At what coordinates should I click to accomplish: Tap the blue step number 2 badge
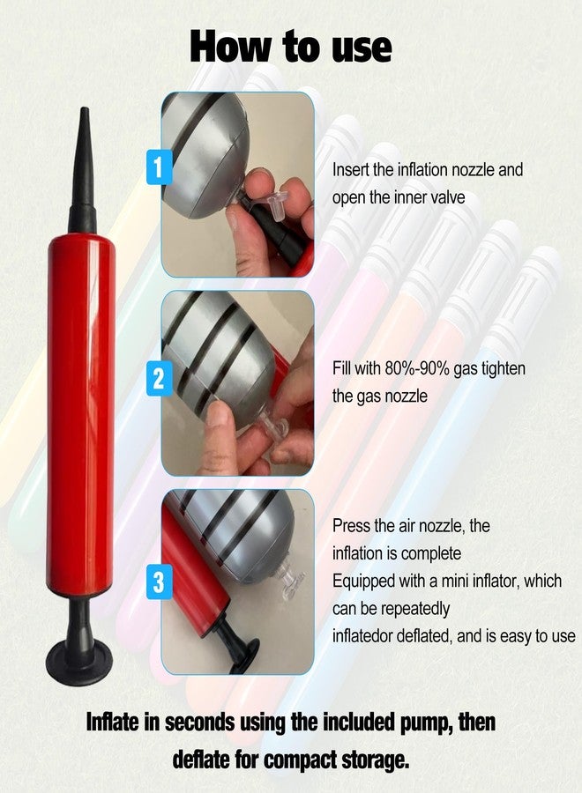coord(159,379)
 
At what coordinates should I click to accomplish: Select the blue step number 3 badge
coord(159,582)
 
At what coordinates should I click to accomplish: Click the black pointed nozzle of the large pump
coord(83,169)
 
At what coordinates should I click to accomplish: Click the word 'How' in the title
coord(231,47)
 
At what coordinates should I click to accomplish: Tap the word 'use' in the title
coord(362,49)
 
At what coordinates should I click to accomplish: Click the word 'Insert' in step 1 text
coord(351,170)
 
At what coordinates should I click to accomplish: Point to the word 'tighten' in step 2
coord(503,368)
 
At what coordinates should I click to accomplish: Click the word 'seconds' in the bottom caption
coord(200,723)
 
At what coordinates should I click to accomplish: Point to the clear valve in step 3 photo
coord(288,579)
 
